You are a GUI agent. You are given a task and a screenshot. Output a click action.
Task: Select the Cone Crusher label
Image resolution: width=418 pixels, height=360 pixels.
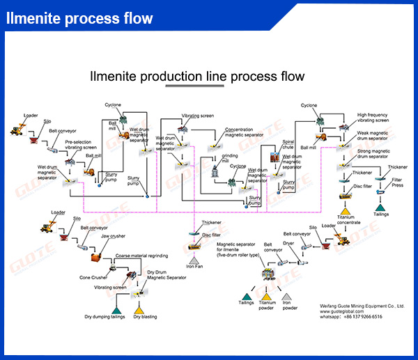(x=85, y=277)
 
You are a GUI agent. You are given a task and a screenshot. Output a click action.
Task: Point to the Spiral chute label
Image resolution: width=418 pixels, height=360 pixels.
(x=286, y=144)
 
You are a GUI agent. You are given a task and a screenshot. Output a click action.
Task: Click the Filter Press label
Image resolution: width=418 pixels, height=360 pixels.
(x=398, y=182)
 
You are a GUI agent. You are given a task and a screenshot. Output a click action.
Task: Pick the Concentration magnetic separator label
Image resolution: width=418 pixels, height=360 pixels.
(x=244, y=132)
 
